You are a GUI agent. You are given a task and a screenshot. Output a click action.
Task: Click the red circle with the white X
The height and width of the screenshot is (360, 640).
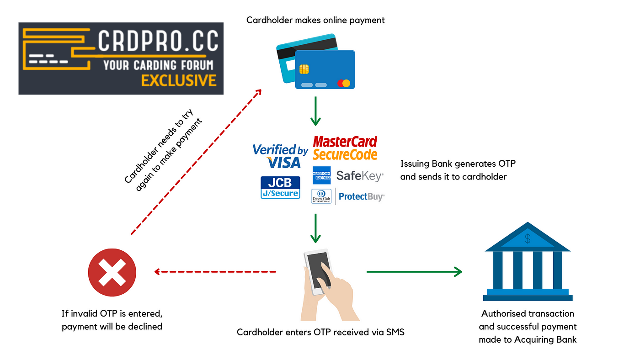tap(112, 272)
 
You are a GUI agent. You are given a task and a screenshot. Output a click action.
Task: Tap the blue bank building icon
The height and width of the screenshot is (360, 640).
tap(528, 263)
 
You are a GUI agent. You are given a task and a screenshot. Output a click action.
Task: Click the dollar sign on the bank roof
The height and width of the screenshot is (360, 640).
tap(528, 238)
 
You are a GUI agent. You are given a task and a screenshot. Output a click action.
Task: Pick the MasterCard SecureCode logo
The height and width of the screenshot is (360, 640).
tap(345, 148)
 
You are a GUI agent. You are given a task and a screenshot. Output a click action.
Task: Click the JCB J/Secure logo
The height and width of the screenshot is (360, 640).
tap(280, 187)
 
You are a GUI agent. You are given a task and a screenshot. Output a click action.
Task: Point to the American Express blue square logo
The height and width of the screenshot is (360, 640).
tap(321, 175)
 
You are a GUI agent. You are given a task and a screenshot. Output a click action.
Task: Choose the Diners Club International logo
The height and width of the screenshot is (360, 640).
tap(321, 196)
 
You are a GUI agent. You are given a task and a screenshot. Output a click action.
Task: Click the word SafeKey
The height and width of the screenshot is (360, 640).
tap(359, 176)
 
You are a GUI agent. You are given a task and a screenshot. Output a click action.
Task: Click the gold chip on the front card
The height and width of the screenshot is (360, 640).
tap(304, 69)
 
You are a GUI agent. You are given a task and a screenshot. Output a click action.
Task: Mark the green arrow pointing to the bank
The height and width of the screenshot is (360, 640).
tap(414, 272)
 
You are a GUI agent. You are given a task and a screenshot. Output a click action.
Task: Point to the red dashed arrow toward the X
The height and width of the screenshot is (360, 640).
tap(215, 272)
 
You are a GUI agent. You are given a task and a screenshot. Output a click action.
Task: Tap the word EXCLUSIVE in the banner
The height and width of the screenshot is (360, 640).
tap(178, 80)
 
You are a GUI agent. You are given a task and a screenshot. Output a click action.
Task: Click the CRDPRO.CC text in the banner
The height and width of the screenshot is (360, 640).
tap(158, 42)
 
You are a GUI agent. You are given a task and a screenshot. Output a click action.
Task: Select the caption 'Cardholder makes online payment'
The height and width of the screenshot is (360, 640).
tap(315, 20)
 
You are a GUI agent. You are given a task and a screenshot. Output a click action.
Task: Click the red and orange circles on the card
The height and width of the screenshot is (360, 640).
tap(343, 83)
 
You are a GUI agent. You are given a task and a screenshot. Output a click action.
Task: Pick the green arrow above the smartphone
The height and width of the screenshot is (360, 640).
tap(315, 228)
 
